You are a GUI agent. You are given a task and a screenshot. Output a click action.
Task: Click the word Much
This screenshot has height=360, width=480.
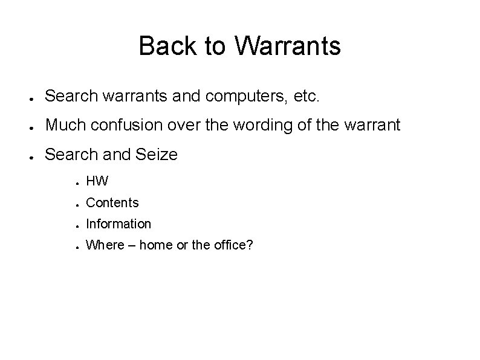pos(62,125)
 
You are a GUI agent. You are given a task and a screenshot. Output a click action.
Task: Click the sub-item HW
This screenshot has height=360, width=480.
pos(97,181)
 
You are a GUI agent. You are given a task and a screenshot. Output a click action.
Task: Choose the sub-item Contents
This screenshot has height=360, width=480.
pos(112,203)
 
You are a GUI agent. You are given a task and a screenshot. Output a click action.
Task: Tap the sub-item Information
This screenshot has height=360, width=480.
pos(118,224)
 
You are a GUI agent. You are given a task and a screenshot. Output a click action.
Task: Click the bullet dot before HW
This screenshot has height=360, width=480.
pos(78,182)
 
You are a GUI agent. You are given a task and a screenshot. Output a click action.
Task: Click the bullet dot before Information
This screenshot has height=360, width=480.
pos(78,225)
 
